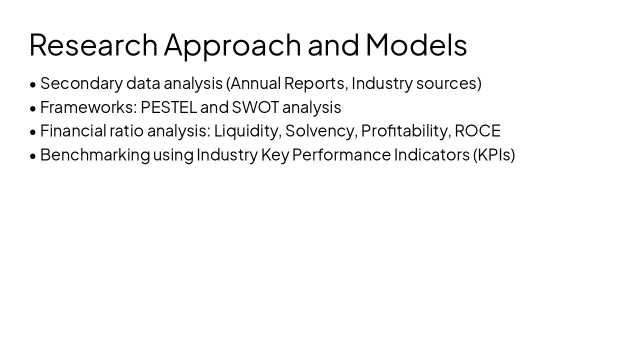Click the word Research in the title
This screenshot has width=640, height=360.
click(x=93, y=44)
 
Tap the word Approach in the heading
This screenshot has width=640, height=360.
click(x=232, y=44)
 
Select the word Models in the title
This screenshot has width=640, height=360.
click(x=416, y=44)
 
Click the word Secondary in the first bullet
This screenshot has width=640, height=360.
click(x=81, y=83)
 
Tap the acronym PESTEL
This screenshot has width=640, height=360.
click(x=168, y=107)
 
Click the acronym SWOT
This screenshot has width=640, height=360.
click(x=255, y=107)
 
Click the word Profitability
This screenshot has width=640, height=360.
click(x=405, y=131)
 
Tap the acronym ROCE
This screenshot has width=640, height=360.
click(x=477, y=131)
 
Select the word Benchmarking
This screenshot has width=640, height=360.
click(x=94, y=155)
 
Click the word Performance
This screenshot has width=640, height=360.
click(x=341, y=155)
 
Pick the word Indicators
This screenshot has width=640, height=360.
click(x=431, y=155)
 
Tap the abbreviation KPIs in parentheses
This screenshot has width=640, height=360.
click(x=493, y=155)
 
